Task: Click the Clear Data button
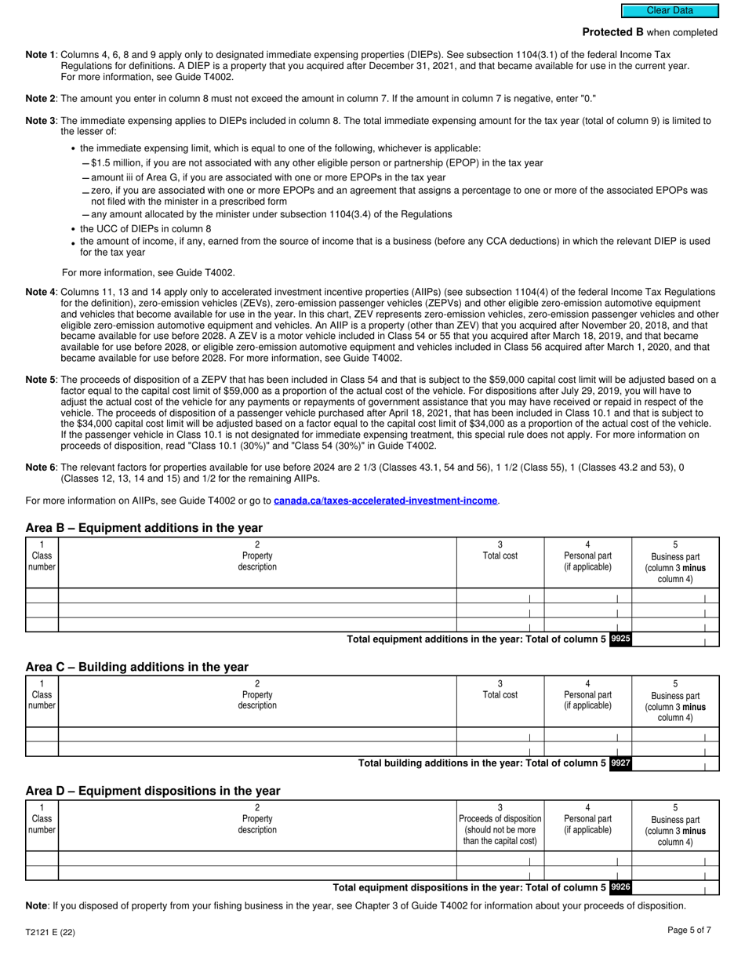[669, 11]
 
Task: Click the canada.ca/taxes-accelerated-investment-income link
[385, 501]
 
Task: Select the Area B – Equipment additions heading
[144, 528]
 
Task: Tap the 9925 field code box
[620, 639]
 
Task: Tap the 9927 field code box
[620, 763]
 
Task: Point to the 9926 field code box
[620, 887]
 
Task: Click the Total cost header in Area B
[500, 555]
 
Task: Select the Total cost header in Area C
[500, 694]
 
